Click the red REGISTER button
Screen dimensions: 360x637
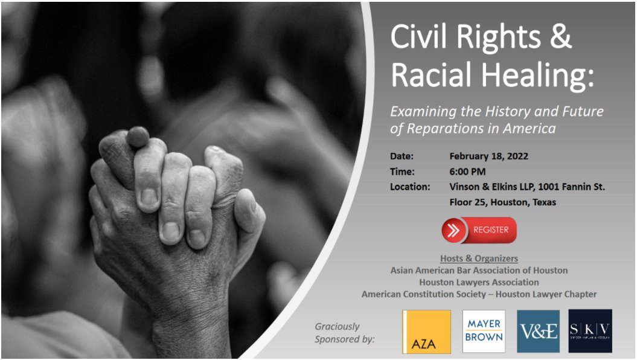pyautogui.click(x=479, y=230)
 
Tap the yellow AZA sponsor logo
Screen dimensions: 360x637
pyautogui.click(x=427, y=332)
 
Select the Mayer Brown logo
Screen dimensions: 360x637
pyautogui.click(x=484, y=332)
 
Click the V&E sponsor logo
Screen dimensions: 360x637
pyautogui.click(x=538, y=332)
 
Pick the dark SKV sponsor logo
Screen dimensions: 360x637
pyautogui.click(x=590, y=332)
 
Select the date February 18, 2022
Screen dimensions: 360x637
pyautogui.click(x=489, y=156)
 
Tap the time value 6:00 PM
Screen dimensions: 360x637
pyautogui.click(x=468, y=172)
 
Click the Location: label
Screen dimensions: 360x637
pyautogui.click(x=410, y=187)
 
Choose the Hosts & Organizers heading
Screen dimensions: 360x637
pyautogui.click(x=479, y=259)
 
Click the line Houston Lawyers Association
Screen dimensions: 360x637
pyautogui.click(x=479, y=282)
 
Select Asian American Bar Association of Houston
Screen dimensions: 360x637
pyautogui.click(x=479, y=270)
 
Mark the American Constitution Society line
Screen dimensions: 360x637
pyautogui.click(x=479, y=294)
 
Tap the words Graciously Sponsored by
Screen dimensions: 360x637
pyautogui.click(x=344, y=333)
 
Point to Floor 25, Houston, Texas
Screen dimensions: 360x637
pyautogui.click(x=503, y=202)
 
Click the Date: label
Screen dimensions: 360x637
pyautogui.click(x=402, y=156)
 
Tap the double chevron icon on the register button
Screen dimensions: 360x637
pyautogui.click(x=453, y=230)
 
